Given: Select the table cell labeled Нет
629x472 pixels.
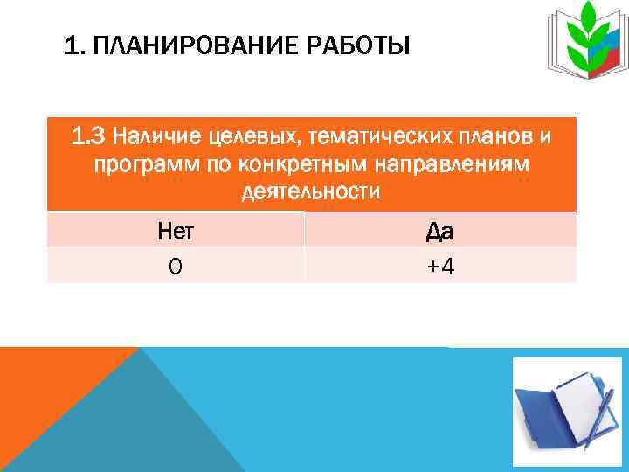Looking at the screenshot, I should tap(176, 231).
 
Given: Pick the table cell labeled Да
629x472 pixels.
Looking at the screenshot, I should tap(439, 231).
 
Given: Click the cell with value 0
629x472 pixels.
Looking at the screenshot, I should tap(176, 266).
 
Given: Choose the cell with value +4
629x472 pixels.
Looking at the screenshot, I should tap(439, 266).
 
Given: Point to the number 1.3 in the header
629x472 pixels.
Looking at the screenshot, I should tap(91, 135).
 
